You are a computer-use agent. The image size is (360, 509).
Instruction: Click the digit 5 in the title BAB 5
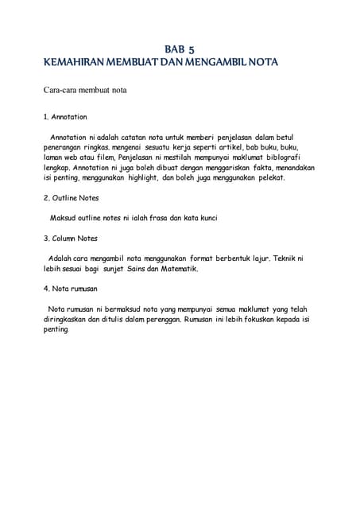tap(192, 49)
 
